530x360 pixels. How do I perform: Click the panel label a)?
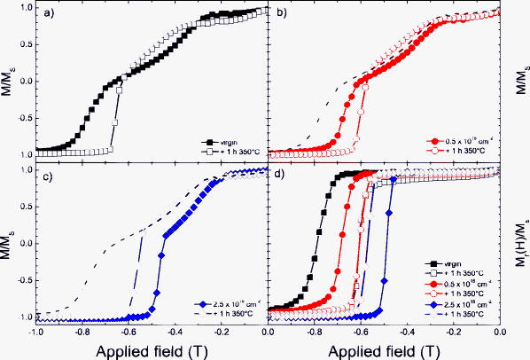click(44, 14)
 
